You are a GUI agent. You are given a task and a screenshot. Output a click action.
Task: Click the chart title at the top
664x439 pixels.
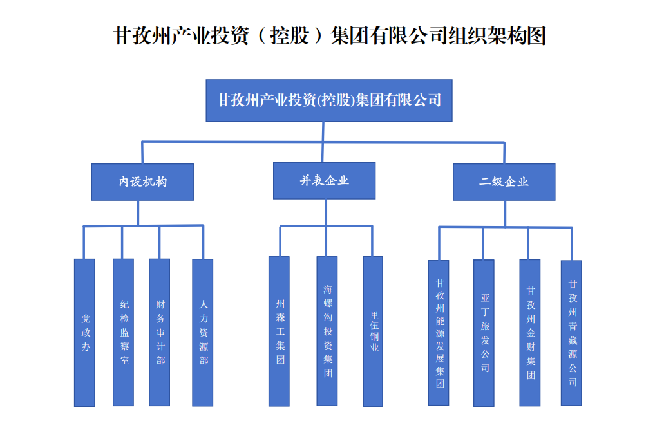330,35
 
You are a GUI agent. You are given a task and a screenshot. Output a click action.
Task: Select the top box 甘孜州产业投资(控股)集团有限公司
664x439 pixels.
328,100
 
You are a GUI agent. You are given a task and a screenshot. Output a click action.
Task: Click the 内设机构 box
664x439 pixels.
142,182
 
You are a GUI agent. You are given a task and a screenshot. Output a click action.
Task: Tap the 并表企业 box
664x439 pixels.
324,180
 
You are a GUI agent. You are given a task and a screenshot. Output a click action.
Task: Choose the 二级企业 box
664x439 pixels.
504,182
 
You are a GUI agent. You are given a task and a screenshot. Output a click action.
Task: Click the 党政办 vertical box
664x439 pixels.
84,332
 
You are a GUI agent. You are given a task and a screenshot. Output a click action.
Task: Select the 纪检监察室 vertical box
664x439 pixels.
123,332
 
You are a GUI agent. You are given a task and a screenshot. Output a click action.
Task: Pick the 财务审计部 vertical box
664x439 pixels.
159,332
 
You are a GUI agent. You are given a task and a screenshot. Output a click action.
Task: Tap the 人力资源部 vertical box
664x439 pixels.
202,332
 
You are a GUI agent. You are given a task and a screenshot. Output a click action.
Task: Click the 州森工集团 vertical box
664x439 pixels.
279,331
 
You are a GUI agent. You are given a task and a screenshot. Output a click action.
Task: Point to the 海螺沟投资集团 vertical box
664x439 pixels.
327,331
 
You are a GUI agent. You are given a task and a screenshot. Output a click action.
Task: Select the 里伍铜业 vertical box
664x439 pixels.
373,331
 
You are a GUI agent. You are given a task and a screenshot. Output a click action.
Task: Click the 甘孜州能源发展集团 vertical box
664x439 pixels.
439,332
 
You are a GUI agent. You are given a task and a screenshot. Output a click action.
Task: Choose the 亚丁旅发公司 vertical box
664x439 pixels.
484,332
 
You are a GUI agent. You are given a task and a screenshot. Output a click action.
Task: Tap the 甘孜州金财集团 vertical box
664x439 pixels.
530,332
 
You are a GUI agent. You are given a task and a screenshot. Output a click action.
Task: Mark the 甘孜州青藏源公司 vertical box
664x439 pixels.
571,332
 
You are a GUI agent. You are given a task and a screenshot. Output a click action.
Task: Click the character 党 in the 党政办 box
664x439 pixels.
85,318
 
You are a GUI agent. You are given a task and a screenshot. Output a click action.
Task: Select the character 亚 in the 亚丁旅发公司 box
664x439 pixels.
484,298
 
